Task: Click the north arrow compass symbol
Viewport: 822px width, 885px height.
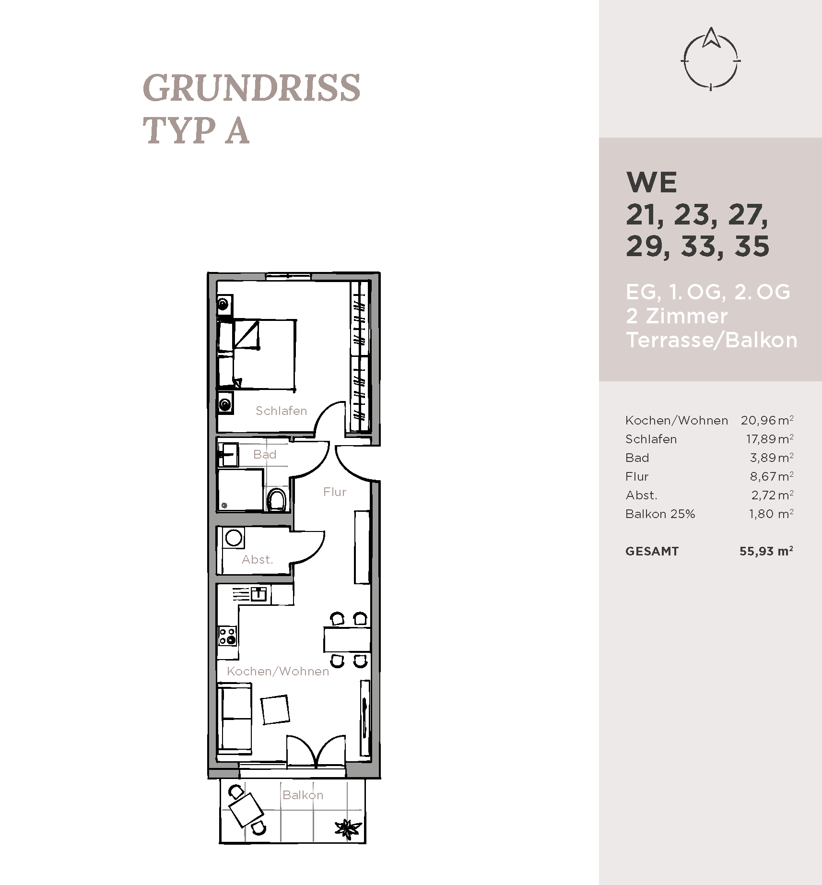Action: [x=710, y=59]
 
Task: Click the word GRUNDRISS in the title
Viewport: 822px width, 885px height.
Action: [x=252, y=88]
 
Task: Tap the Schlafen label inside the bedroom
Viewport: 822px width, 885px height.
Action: [x=281, y=411]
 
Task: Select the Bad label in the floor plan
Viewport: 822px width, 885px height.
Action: [x=265, y=454]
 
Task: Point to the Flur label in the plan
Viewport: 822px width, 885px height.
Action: [x=335, y=492]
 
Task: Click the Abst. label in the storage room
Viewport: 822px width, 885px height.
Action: [x=258, y=559]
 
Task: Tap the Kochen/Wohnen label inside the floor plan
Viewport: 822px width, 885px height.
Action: [x=278, y=671]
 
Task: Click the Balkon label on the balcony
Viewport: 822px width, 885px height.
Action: [x=303, y=795]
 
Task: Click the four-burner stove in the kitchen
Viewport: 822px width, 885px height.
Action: [x=228, y=636]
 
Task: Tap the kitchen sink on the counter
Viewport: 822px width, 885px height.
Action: [x=258, y=594]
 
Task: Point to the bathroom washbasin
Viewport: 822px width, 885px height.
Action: [x=229, y=455]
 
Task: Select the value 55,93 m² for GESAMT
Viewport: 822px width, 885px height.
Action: [x=766, y=551]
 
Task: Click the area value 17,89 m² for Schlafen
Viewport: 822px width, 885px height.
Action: [x=770, y=439]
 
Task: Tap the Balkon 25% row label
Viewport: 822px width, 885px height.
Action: [x=660, y=514]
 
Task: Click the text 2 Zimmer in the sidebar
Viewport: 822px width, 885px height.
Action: [x=677, y=316]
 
